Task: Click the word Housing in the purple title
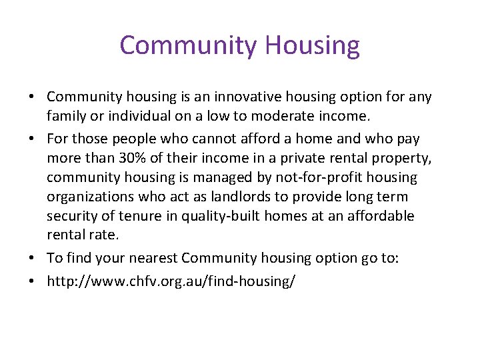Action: click(312, 45)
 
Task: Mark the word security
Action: click(71, 217)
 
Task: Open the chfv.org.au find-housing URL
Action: click(171, 281)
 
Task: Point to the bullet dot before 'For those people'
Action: click(32, 138)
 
